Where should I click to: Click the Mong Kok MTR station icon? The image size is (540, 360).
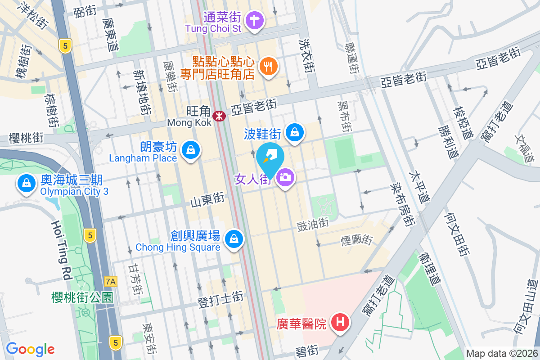219,116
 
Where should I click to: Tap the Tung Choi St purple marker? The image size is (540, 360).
255,20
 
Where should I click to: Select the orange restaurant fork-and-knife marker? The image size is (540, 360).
269,67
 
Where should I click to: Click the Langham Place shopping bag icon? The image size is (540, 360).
191,149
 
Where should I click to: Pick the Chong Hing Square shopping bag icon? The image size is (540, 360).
234,239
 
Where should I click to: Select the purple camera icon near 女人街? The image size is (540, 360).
284,177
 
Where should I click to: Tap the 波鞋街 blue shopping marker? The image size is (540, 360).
294,132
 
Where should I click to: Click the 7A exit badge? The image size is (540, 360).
110,282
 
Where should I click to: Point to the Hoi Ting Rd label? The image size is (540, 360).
61,250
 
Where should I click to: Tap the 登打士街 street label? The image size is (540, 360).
220,300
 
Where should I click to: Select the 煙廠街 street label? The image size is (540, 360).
356,240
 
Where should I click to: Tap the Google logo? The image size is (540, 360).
30,349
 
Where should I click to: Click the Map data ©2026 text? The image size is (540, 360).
501,354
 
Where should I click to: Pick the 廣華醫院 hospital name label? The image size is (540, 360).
301,324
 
